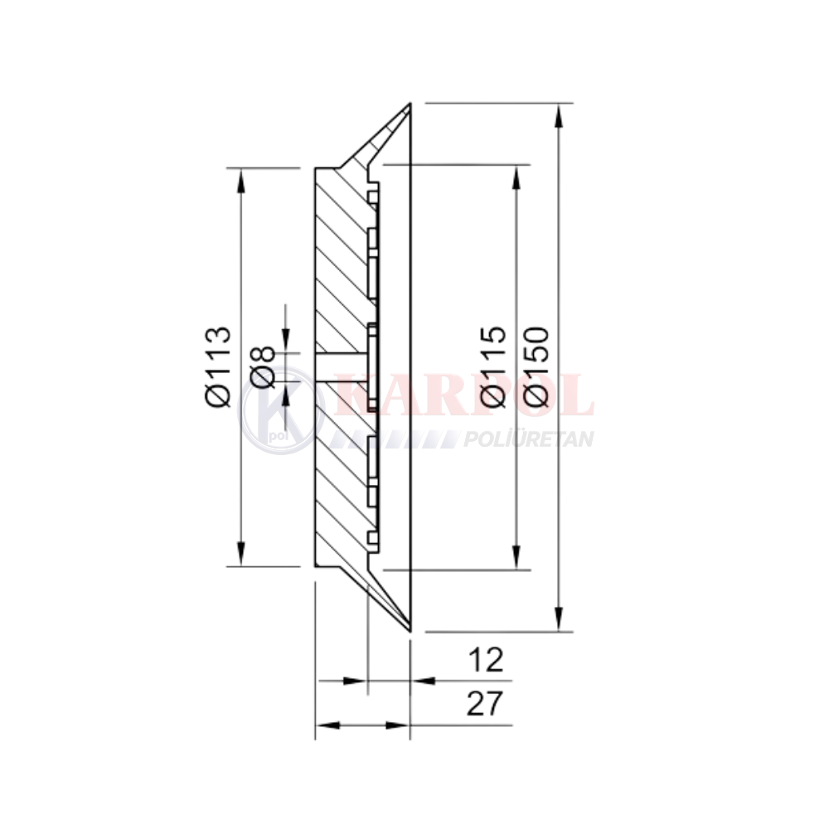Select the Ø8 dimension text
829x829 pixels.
point(263,367)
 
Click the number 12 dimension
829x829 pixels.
point(486,660)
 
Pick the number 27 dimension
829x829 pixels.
point(485,704)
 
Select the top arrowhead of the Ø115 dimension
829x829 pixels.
point(516,177)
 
